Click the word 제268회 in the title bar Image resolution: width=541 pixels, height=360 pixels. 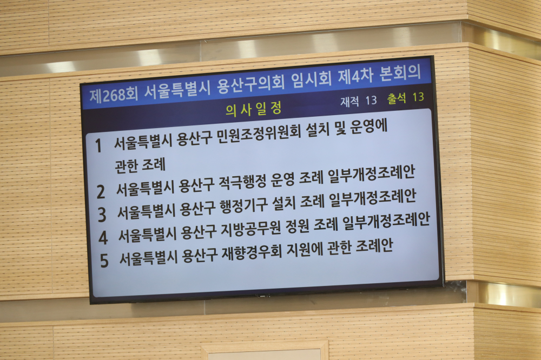pyautogui.click(x=114, y=94)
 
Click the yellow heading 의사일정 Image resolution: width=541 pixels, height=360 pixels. pyautogui.click(x=254, y=109)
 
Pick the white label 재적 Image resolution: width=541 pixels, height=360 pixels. pyautogui.click(x=350, y=102)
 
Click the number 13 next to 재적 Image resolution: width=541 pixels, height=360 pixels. pyautogui.click(x=371, y=100)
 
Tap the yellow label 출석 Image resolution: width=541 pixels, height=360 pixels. pyautogui.click(x=397, y=98)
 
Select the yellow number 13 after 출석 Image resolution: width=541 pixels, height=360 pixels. pyautogui.click(x=418, y=97)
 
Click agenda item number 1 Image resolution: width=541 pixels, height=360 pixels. pyautogui.click(x=98, y=145)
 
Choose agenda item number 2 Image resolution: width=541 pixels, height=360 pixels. pyautogui.click(x=101, y=192)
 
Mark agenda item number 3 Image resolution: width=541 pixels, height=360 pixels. pyautogui.click(x=102, y=215)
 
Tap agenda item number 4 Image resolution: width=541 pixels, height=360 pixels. pyautogui.click(x=103, y=237)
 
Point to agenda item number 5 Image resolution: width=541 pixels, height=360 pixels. pyautogui.click(x=104, y=261)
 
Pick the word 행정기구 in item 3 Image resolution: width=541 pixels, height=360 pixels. pyautogui.click(x=243, y=205)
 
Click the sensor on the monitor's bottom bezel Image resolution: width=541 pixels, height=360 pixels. pyautogui.click(x=263, y=296)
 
